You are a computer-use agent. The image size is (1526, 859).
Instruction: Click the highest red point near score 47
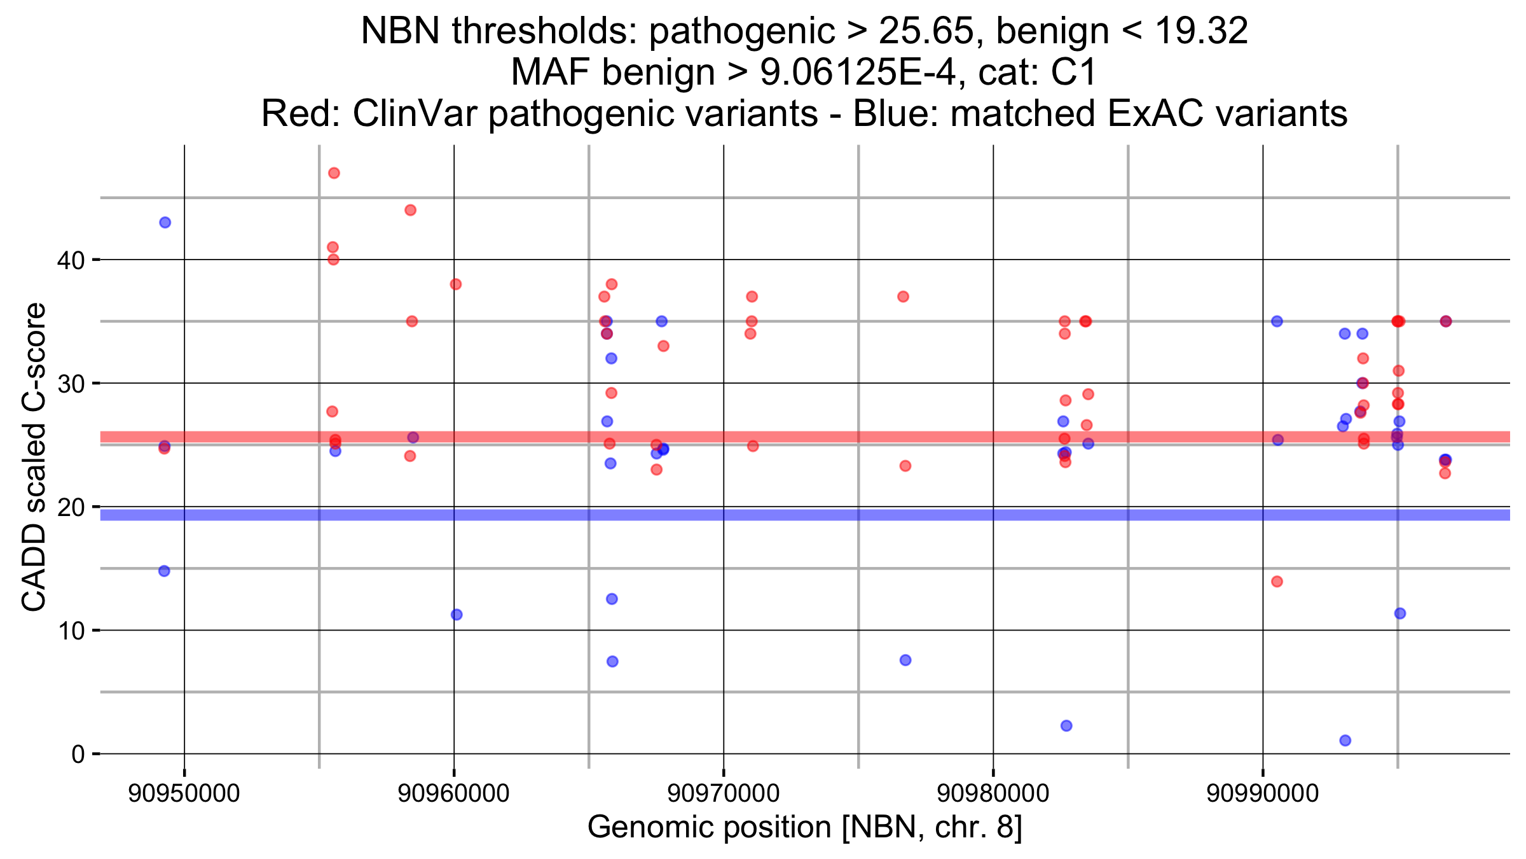(334, 173)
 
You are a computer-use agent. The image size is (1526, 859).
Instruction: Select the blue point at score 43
(165, 223)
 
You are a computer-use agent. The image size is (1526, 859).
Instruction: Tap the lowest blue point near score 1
(1345, 741)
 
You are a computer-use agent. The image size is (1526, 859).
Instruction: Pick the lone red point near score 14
(1277, 582)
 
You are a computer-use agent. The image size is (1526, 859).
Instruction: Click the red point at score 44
(411, 211)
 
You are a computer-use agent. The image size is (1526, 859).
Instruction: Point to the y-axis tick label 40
(71, 260)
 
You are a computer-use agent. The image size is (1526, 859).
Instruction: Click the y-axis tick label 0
(78, 755)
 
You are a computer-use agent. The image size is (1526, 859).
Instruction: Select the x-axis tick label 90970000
(724, 793)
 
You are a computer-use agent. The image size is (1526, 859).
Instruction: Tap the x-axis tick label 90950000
(184, 793)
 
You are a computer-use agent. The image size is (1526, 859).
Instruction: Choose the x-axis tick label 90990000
(1263, 793)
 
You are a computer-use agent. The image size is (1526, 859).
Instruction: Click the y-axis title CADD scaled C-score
(34, 456)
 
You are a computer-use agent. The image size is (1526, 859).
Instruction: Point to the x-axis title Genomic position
(804, 827)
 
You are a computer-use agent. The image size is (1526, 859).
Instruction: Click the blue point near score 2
(1066, 726)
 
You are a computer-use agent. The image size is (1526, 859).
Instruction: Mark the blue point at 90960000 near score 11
(457, 615)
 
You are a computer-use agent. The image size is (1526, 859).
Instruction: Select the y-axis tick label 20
(71, 507)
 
